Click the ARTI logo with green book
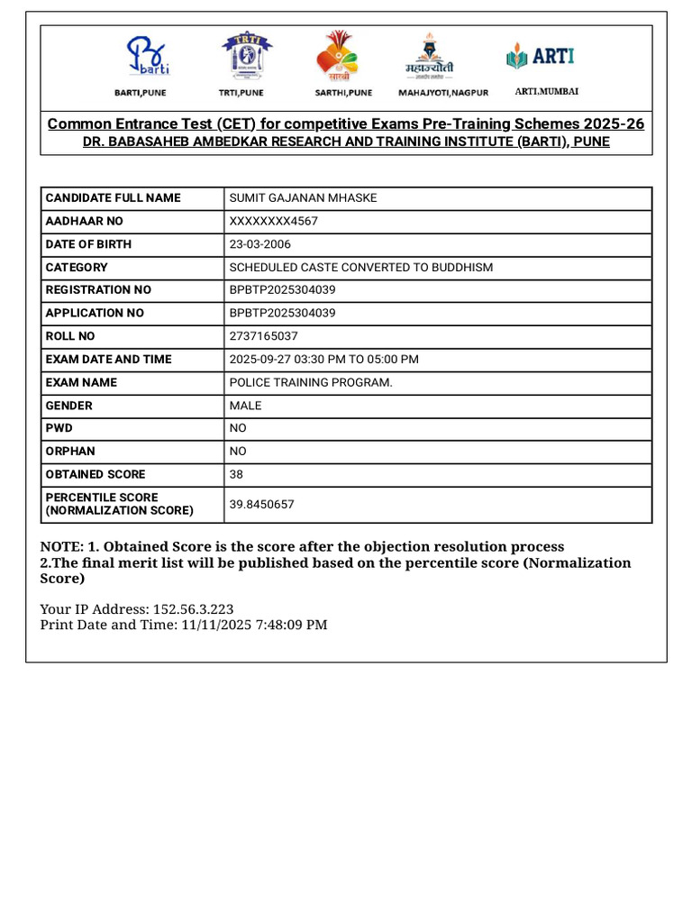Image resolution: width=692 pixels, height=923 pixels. tap(542, 57)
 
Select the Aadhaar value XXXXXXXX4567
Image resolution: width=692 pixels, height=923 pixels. tap(274, 222)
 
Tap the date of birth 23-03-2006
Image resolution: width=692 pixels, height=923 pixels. tap(260, 244)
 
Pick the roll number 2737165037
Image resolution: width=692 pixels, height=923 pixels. tap(263, 336)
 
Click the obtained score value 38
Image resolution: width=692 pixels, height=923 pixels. tap(236, 475)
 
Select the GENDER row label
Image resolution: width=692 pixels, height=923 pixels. tap(69, 406)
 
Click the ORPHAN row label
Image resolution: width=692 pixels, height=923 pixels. tap(70, 452)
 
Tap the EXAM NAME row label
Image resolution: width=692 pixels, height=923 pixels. tap(81, 382)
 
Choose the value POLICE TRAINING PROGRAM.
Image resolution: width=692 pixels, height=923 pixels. tap(311, 382)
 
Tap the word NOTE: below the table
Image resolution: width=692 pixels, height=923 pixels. tap(61, 547)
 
